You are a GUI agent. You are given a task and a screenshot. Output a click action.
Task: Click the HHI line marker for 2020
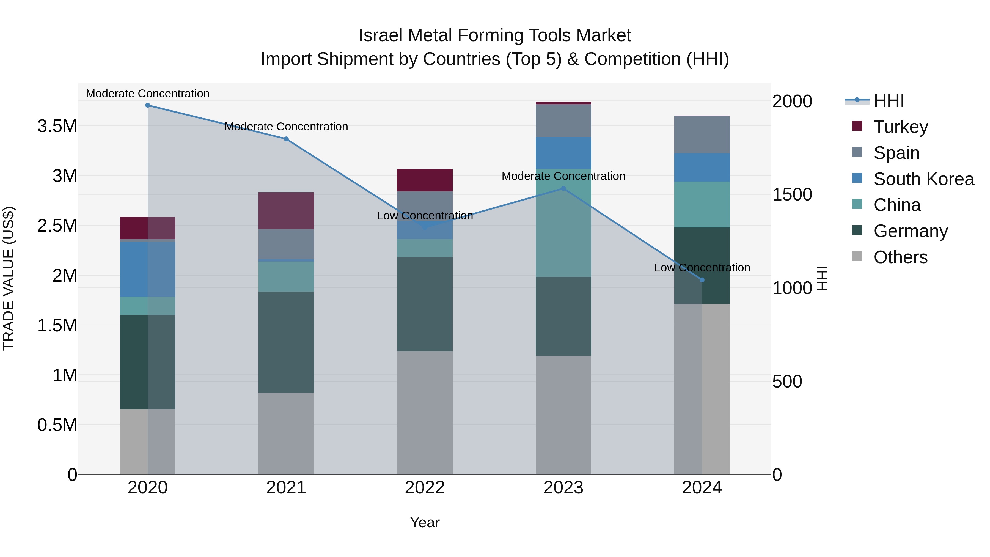[x=148, y=105]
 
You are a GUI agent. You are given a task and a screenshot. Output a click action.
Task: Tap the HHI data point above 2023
[x=563, y=188]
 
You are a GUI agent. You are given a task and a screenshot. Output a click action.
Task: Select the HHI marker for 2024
[x=702, y=280]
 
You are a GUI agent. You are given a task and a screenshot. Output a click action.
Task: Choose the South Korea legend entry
[x=923, y=179]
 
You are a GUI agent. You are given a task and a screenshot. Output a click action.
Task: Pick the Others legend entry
[x=900, y=257]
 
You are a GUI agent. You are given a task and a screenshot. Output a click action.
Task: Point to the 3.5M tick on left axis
[x=57, y=126]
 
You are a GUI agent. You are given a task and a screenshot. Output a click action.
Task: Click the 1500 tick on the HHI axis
[x=792, y=194]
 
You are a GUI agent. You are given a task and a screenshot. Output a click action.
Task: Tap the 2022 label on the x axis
[x=425, y=488]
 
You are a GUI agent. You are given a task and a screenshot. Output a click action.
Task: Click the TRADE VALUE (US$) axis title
[x=9, y=278]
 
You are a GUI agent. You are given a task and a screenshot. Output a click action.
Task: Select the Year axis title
[x=425, y=522]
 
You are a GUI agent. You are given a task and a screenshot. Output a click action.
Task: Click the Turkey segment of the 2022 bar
[x=425, y=180]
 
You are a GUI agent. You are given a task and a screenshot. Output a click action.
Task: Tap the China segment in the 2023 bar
[x=563, y=223]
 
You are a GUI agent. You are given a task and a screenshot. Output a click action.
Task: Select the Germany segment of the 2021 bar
[x=286, y=342]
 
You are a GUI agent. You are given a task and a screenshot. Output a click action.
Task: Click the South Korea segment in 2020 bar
[x=148, y=269]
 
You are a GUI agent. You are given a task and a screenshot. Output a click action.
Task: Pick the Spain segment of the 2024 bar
[x=702, y=135]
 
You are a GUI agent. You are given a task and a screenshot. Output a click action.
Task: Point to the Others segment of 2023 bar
[x=563, y=415]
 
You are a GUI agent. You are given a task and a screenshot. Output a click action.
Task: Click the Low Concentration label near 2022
[x=425, y=216]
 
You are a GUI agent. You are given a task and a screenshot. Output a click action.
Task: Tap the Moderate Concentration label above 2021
[x=286, y=127]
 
